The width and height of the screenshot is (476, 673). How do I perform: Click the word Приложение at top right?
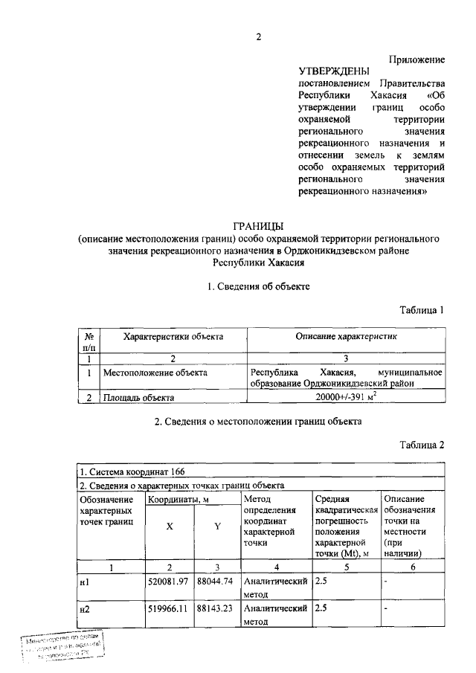(417, 59)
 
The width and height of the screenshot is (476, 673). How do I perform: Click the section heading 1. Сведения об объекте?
(258, 286)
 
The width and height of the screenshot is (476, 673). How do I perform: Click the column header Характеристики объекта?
(173, 337)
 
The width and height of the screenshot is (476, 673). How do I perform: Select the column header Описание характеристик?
(347, 337)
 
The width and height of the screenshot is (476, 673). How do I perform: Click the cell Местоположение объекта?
(155, 371)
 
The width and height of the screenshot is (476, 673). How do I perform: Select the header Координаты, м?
(177, 500)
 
